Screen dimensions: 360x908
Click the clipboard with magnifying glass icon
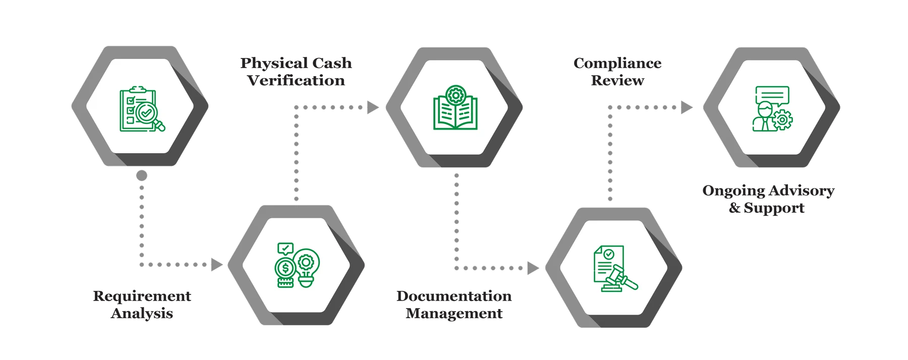[141, 109]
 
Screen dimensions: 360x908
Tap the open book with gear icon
[455, 107]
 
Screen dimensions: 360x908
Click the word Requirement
[142, 296]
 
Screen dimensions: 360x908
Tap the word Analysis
[142, 313]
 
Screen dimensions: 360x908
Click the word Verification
[296, 80]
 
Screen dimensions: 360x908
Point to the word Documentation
[454, 296]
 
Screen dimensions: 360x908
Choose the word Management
[454, 313]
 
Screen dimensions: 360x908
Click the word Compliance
[617, 64]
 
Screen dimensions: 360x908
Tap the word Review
[617, 80]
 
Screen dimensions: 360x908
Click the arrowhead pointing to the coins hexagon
[217, 265]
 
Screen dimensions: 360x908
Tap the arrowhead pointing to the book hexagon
[373, 107]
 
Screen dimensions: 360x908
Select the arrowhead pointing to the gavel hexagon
[532, 268]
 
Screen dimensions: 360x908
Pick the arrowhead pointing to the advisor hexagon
[686, 107]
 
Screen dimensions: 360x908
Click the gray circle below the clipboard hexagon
[142, 175]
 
